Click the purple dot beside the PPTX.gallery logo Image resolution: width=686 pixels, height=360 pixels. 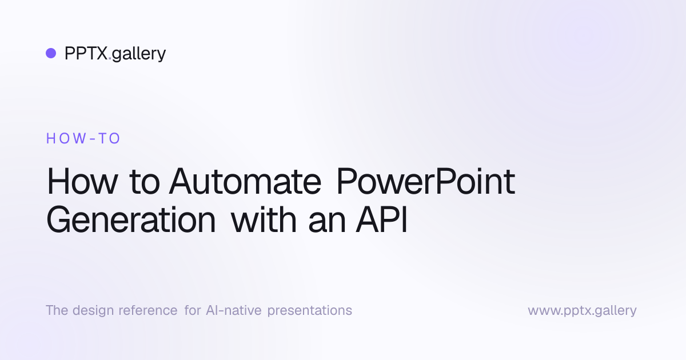point(51,53)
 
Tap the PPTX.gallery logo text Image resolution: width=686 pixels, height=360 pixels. point(115,54)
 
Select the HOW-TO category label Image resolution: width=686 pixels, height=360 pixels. point(83,138)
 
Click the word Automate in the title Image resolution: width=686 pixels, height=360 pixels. point(245,182)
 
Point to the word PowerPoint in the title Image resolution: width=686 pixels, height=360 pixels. point(426,181)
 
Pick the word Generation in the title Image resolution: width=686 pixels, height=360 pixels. point(131,220)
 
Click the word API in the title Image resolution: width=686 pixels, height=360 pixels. point(382,220)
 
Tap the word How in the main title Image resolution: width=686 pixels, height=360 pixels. point(82,182)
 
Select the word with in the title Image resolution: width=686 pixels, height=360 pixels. point(264,219)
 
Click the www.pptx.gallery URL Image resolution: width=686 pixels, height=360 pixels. point(582,311)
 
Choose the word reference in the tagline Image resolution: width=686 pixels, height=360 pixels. point(148,310)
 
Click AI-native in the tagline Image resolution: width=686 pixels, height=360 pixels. point(234,310)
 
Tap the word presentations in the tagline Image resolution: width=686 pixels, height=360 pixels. point(310,311)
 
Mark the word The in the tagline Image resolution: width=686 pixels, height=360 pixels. point(57,310)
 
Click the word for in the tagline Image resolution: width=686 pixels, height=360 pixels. point(192,310)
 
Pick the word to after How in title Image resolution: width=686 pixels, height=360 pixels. point(144,183)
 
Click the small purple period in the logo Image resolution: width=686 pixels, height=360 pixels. point(110,58)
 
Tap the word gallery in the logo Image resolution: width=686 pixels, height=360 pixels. point(139,54)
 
